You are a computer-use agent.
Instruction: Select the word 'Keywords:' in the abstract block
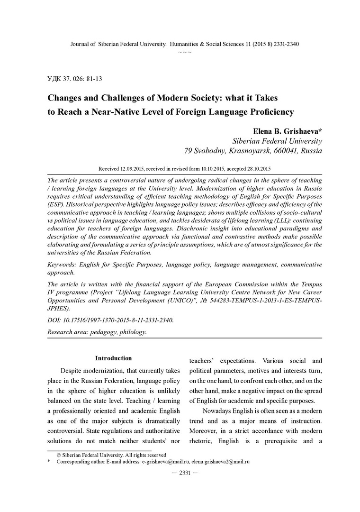[63, 265]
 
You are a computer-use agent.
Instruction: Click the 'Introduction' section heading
[113, 358]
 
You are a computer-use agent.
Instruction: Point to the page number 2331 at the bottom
[182, 473]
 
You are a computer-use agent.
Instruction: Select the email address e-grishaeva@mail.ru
[166, 461]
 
